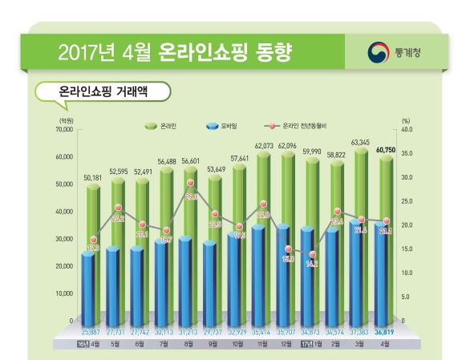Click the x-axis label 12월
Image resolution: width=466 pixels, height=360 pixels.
(x=286, y=344)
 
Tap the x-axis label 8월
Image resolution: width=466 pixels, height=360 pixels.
(x=190, y=344)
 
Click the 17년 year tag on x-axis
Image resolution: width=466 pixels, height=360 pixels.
(x=304, y=344)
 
